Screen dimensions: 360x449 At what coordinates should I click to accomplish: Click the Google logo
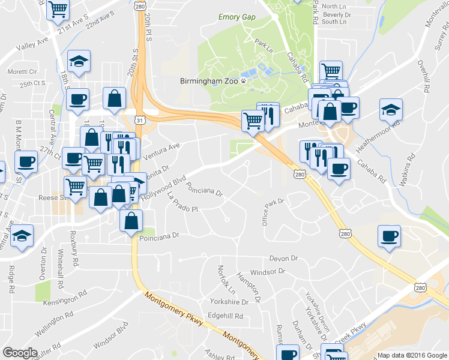tap(20, 353)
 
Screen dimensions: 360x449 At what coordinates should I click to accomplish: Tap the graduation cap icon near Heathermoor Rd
tap(391, 110)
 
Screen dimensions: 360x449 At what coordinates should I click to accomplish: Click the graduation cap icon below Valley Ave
tap(79, 61)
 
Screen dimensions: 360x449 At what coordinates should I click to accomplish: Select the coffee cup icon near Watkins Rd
tap(389, 235)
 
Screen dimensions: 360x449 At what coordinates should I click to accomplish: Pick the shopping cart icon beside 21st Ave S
tap(58, 9)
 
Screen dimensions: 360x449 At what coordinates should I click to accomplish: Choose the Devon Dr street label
tap(283, 258)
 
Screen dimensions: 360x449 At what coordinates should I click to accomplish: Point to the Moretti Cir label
tap(16, 71)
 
